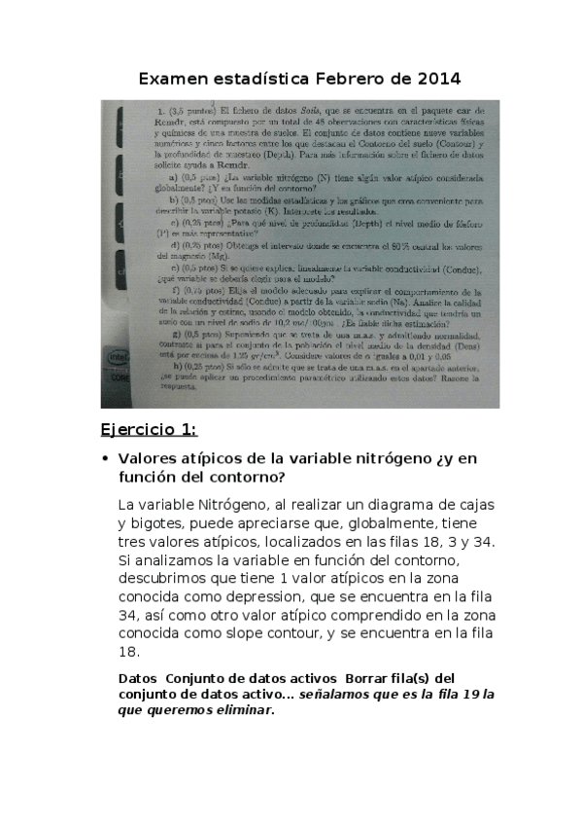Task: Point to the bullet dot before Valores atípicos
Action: click(x=104, y=457)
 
